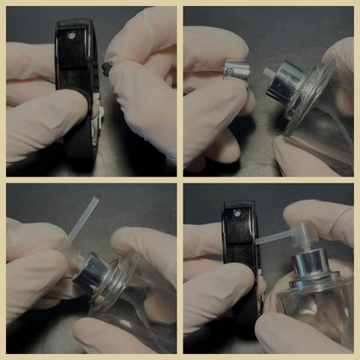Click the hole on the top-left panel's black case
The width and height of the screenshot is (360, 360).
point(72,36)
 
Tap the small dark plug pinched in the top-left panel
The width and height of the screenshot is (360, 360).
point(107,66)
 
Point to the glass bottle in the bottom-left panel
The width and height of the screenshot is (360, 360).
point(138,294)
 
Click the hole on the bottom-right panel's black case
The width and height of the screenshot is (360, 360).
point(235,212)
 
